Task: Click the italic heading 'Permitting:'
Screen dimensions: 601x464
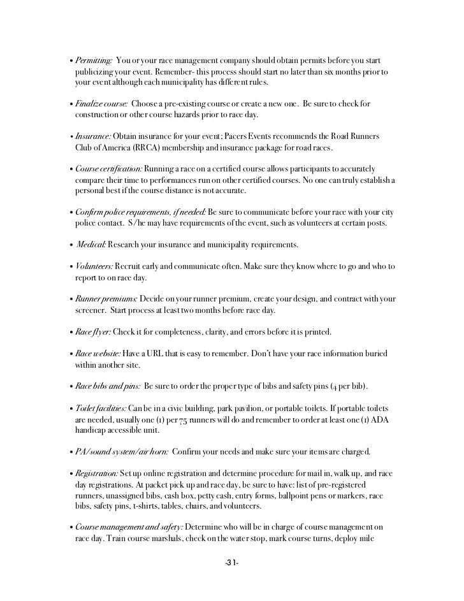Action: pos(94,60)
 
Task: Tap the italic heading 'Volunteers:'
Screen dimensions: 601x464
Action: pos(94,266)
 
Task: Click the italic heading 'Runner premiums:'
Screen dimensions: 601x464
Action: pos(105,299)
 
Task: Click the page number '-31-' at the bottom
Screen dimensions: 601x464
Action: pos(231,564)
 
